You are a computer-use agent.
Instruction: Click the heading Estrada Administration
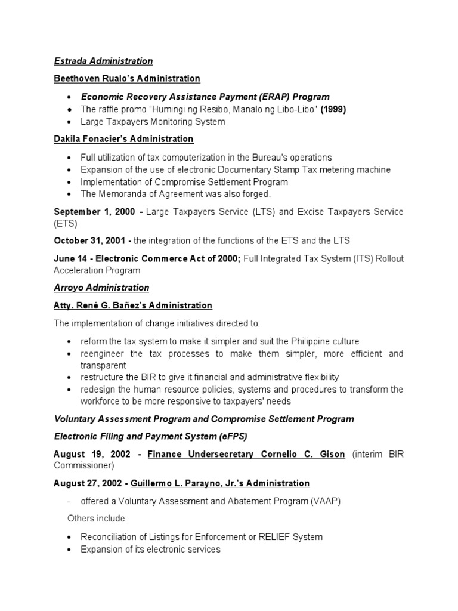click(103, 61)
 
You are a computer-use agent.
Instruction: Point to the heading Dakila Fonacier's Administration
click(123, 139)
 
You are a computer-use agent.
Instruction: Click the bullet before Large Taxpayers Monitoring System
click(70, 122)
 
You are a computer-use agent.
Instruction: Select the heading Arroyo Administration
click(101, 288)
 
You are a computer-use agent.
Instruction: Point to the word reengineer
click(104, 354)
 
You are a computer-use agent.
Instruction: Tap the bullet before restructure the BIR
click(70, 378)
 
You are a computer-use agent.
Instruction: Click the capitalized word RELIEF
click(268, 537)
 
